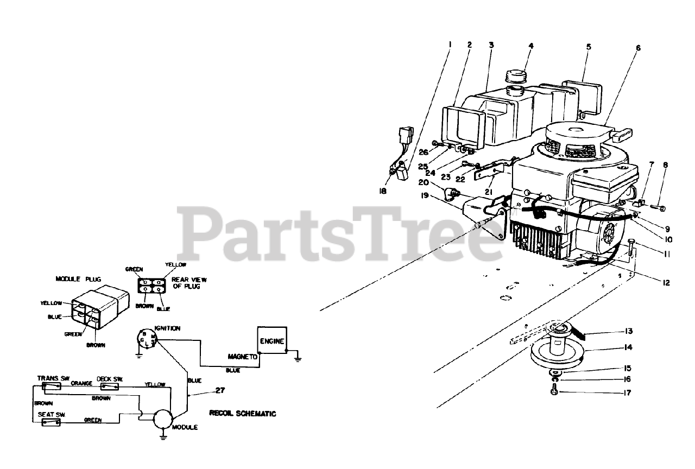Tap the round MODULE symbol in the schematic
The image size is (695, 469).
point(162,420)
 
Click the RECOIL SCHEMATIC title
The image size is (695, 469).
point(242,414)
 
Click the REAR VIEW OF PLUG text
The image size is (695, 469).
point(189,283)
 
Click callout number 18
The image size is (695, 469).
point(383,191)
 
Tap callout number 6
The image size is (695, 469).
point(638,48)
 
